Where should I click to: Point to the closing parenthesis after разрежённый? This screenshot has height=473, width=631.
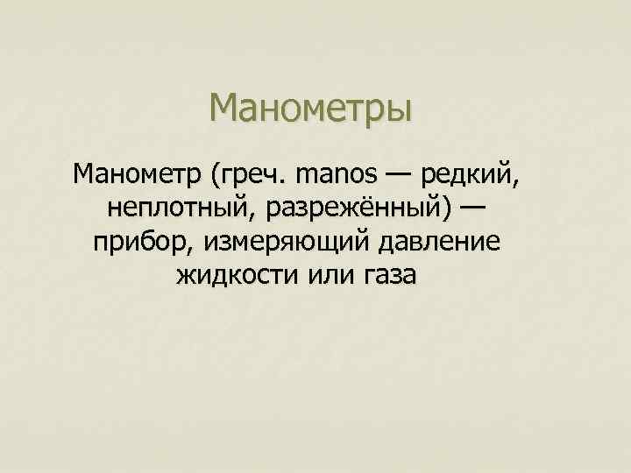click(445, 208)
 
